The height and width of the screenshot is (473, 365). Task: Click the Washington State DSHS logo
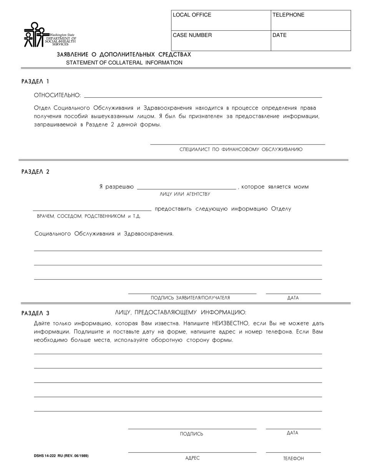pyautogui.click(x=50, y=35)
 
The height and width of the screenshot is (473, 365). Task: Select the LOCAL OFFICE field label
pyautogui.click(x=192, y=15)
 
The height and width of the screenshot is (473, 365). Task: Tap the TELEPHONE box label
pyautogui.click(x=288, y=15)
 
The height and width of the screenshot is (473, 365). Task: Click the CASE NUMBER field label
pyautogui.click(x=192, y=35)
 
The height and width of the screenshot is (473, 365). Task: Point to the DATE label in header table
pyautogui.click(x=280, y=35)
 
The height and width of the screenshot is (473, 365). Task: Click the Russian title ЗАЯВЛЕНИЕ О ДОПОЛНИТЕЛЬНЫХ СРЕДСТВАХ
pyautogui.click(x=124, y=55)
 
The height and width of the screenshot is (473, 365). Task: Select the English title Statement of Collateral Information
pyautogui.click(x=124, y=63)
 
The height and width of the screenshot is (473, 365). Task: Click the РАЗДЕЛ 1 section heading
pyautogui.click(x=35, y=82)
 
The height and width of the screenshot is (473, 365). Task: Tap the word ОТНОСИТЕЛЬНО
pyautogui.click(x=58, y=95)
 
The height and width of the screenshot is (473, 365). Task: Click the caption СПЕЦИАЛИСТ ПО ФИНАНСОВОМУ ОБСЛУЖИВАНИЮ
pyautogui.click(x=241, y=149)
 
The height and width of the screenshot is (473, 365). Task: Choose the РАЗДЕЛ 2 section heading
pyautogui.click(x=35, y=172)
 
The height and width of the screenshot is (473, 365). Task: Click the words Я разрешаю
pyautogui.click(x=116, y=187)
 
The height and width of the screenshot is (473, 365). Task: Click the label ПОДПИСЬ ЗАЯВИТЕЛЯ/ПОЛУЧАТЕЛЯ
pyautogui.click(x=190, y=298)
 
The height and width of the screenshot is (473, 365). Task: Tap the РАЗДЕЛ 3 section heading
pyautogui.click(x=35, y=313)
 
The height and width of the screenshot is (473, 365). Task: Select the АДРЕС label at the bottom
pyautogui.click(x=192, y=458)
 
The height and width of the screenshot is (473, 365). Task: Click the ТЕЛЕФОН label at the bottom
pyautogui.click(x=294, y=458)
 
